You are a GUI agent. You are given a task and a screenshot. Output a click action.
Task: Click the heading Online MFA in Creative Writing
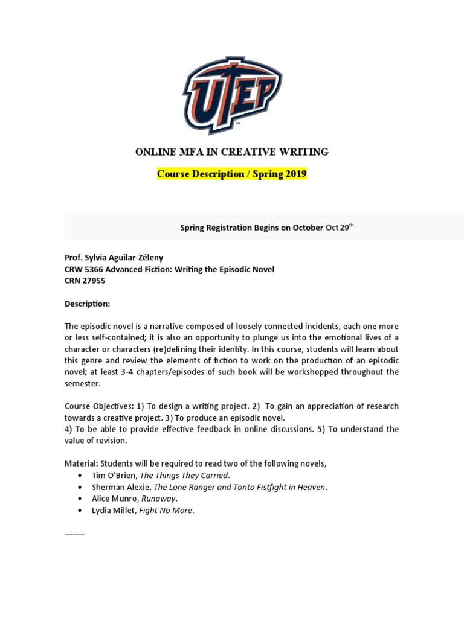point(232,152)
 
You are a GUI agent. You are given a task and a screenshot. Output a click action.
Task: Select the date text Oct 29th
point(339,228)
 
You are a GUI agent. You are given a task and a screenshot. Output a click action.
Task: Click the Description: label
point(87,304)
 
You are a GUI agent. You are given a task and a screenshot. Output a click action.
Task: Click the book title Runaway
point(159,499)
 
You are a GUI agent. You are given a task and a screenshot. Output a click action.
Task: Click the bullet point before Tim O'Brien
point(80,476)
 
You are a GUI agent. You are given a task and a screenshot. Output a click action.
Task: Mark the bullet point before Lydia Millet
point(80,511)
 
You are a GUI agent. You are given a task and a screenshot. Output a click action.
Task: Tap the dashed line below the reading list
point(74,534)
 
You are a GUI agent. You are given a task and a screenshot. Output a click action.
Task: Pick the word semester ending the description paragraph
point(83,383)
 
